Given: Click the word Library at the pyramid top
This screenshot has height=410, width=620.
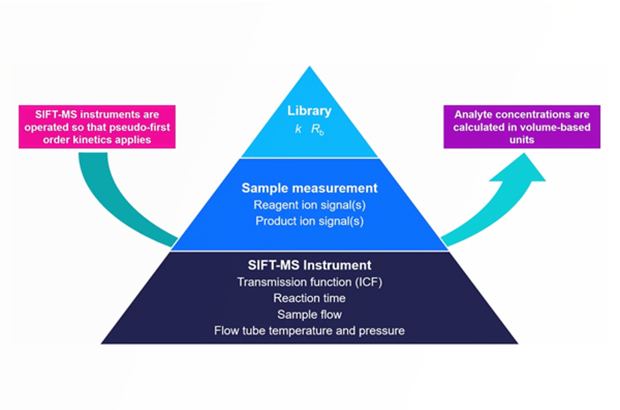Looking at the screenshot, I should coord(309,111).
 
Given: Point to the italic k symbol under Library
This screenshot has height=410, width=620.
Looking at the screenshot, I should coord(298,129).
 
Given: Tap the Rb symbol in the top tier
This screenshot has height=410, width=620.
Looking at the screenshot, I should coord(317,130).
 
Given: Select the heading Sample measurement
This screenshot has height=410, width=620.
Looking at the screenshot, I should coord(309,188).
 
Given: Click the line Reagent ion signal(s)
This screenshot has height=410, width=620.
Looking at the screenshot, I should coord(309,205).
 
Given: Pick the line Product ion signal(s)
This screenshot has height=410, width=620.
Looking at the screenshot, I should coord(309,221).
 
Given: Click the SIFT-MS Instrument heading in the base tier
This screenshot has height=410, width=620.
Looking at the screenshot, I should coord(309,265).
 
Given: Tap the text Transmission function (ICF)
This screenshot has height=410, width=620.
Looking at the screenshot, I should coord(309,282).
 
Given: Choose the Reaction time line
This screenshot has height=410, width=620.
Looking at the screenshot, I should coord(309,298).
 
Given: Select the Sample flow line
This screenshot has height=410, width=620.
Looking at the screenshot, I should coord(309,314).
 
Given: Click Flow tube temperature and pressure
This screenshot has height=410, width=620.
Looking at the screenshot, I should coord(309,331).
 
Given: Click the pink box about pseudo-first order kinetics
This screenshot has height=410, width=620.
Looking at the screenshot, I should coord(97,127).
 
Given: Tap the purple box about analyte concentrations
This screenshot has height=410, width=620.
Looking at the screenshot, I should coord(522,127).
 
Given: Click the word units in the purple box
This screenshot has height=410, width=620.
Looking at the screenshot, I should coord(522,140).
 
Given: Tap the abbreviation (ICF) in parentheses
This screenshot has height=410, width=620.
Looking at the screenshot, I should coord(369,282).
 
